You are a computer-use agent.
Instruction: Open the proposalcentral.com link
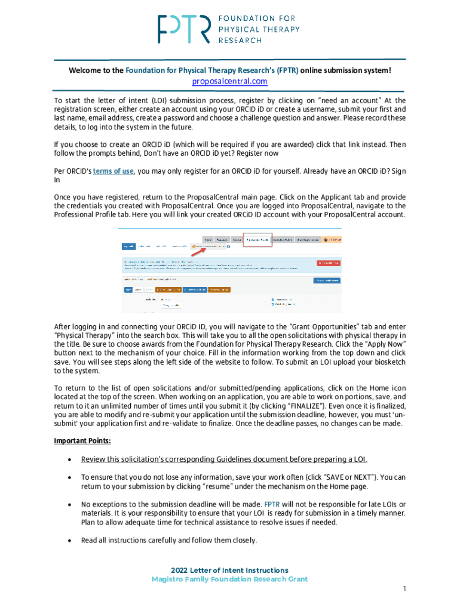pyautogui.click(x=229, y=81)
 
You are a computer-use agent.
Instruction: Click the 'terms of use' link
pyautogui.click(x=114, y=171)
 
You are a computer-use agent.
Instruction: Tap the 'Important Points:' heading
pyautogui.click(x=82, y=441)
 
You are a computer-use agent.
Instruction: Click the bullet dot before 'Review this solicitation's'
pyautogui.click(x=71, y=459)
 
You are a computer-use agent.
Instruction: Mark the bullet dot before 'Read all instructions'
pyautogui.click(x=71, y=541)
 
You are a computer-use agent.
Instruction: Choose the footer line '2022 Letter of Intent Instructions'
pyautogui.click(x=229, y=570)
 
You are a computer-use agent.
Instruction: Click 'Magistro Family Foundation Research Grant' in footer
pyautogui.click(x=229, y=579)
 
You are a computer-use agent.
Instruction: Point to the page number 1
pyautogui.click(x=404, y=589)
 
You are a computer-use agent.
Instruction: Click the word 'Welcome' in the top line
pyautogui.click(x=84, y=70)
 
